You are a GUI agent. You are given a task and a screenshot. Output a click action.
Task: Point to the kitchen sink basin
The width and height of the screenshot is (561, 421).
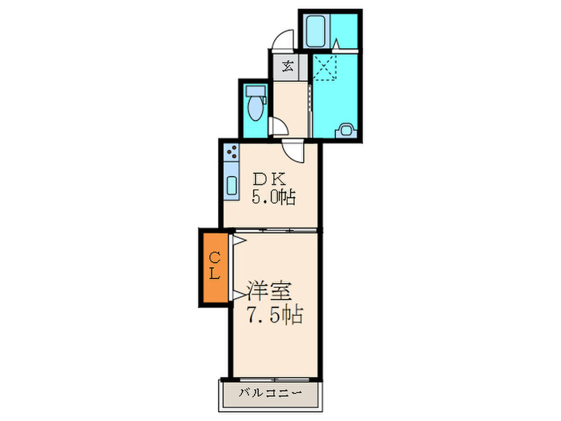click(x=232, y=186)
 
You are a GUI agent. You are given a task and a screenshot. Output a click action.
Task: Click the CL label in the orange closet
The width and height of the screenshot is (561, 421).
click(x=215, y=265)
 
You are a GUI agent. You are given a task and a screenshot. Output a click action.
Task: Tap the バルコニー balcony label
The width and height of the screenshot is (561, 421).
click(x=269, y=393)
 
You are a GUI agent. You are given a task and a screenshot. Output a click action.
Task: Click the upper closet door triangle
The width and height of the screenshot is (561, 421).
click(x=237, y=239)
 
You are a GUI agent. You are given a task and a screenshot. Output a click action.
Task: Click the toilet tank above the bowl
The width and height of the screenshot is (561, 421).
click(x=256, y=91)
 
